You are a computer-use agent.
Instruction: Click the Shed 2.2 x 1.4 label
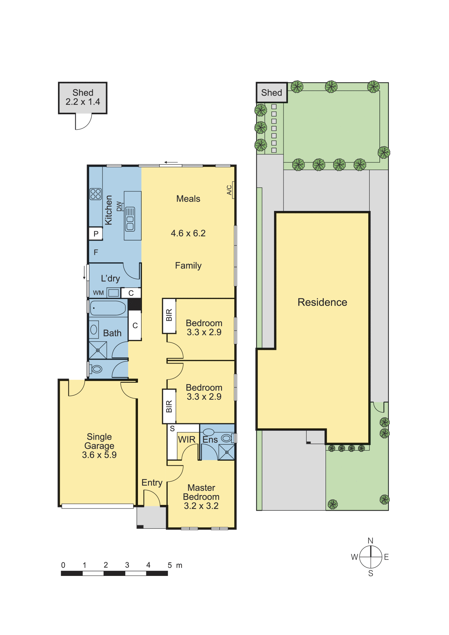coord(83,97)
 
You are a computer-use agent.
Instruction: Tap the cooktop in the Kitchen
coord(96,194)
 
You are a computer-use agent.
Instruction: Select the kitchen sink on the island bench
coord(130,219)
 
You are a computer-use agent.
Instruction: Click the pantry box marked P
coord(96,234)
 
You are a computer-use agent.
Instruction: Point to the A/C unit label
coord(229,190)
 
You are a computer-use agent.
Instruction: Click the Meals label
coord(188,199)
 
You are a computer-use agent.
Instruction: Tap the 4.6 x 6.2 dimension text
coord(188,233)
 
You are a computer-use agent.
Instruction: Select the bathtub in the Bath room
coord(108,308)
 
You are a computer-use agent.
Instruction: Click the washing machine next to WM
coord(114,292)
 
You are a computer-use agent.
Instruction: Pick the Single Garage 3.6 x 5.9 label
coord(99,446)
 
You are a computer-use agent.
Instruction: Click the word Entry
coord(152,483)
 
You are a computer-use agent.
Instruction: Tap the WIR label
coord(187,440)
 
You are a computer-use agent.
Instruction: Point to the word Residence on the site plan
coord(322,302)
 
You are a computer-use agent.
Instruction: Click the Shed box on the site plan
coord(272,93)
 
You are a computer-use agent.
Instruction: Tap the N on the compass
coord(370,541)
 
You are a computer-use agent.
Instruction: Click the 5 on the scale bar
coord(170,565)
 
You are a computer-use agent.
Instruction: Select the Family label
coord(188,266)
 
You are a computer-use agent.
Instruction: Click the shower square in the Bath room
coord(98,350)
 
